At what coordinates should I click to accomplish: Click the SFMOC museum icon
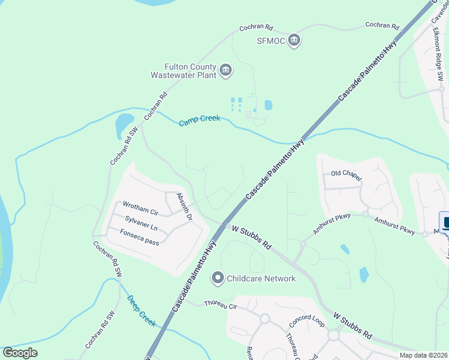(294, 41)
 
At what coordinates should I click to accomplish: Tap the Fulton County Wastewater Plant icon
(226, 71)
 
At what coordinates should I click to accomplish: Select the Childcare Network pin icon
(218, 278)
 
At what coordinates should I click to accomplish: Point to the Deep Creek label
(142, 310)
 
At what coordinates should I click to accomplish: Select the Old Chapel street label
(346, 175)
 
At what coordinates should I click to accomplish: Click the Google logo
(20, 353)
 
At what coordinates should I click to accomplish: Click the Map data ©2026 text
(423, 355)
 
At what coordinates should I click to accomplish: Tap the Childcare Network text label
(261, 278)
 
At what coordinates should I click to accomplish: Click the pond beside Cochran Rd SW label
(124, 124)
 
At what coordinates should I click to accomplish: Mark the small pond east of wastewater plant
(268, 105)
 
